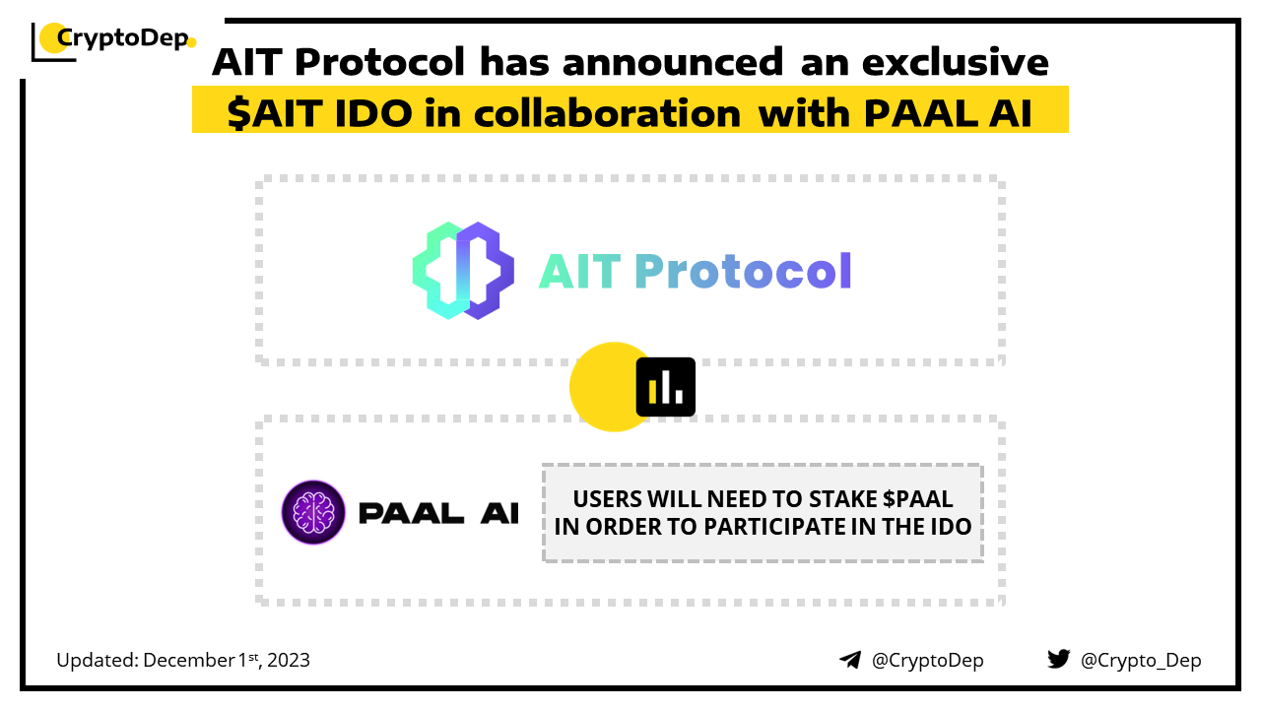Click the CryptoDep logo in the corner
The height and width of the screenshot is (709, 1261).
coord(113,40)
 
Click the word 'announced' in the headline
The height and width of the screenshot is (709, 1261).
coord(673,61)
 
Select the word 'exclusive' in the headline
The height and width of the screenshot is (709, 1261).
coord(956,61)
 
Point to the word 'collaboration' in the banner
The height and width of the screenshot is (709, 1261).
coord(608,113)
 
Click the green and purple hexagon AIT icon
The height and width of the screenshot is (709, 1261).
coord(463,271)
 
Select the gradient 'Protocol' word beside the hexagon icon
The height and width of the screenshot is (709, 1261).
coord(743,271)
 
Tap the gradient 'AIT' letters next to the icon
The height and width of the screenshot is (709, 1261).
coord(580,271)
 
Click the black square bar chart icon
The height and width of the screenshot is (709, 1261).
coord(665,387)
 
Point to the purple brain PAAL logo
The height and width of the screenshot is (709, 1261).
coord(313,512)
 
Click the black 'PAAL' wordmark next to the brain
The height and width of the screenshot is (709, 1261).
coord(411,513)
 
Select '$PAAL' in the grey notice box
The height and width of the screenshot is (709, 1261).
coord(917,499)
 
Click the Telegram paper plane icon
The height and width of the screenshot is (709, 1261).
coord(850,660)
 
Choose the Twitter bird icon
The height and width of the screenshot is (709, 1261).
coord(1059,659)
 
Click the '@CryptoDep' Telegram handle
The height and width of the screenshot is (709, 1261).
coord(927,660)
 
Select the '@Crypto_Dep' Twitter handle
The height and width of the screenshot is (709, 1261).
coord(1141,660)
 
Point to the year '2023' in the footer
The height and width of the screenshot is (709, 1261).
coord(289,660)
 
